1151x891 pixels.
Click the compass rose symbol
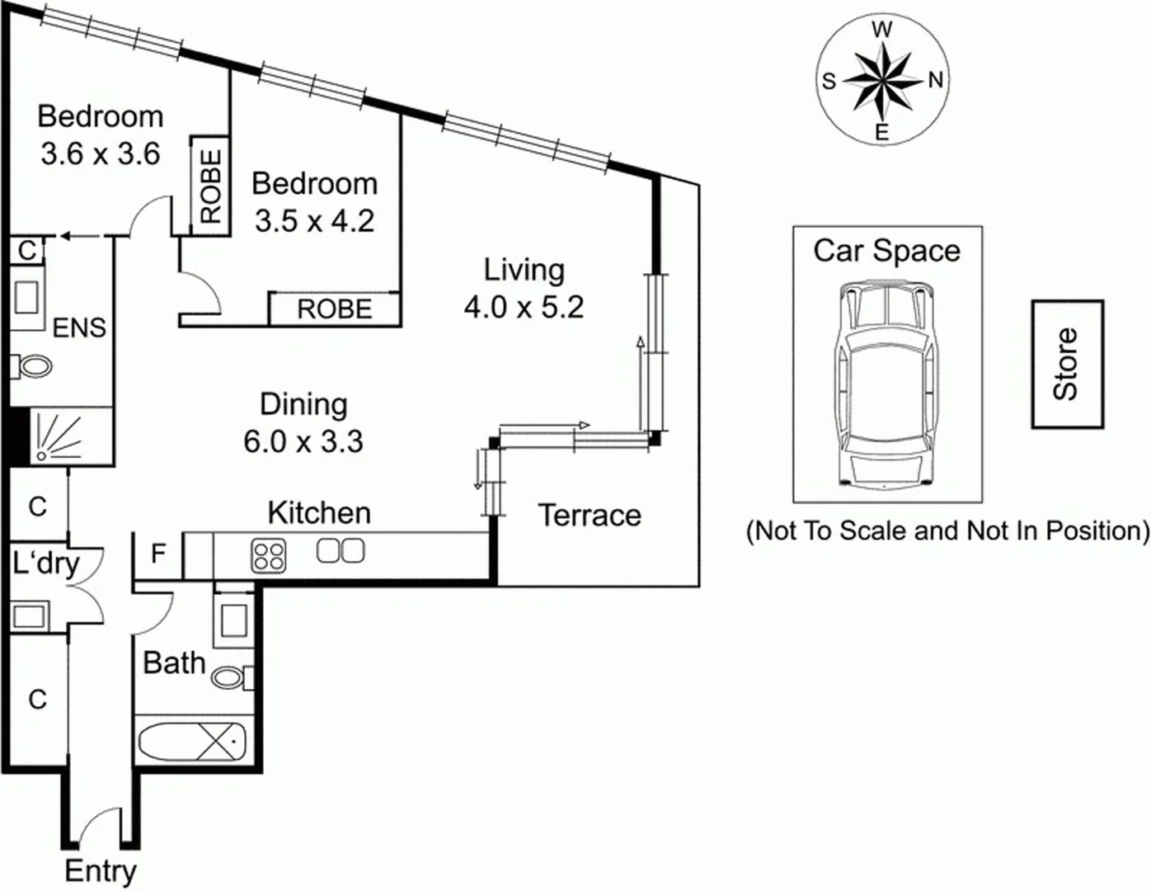881,81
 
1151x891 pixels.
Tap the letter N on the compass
935,80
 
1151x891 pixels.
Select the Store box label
1067,364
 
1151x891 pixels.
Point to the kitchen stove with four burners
269,554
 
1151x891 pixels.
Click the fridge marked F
157,554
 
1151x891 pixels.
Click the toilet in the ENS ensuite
31,365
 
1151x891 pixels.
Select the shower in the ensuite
58,436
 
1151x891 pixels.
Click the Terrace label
590,516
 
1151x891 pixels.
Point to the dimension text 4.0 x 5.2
524,308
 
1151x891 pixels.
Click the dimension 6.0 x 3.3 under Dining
303,441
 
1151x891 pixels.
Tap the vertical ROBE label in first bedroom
211,186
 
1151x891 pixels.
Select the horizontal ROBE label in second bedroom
335,309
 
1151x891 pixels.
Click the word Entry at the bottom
101,871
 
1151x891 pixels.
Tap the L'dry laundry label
46,564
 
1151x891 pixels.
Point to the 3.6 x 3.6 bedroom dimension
100,154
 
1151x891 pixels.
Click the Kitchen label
319,513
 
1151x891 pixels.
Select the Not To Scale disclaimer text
947,530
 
